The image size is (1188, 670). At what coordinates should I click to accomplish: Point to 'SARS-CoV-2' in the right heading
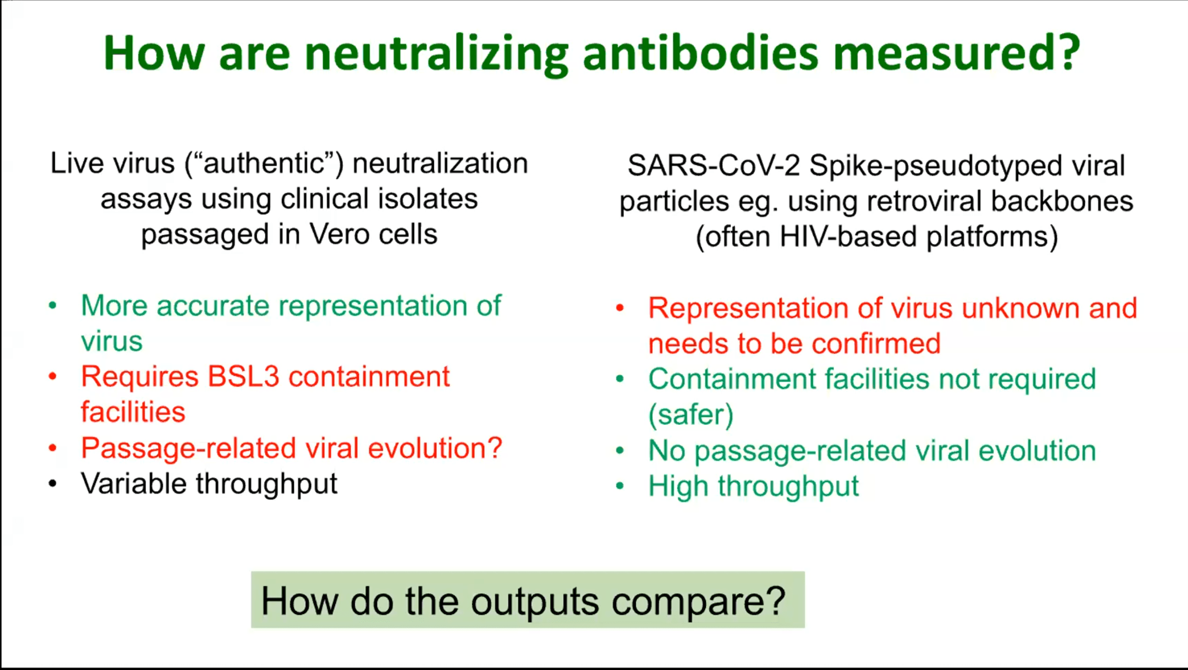(x=714, y=166)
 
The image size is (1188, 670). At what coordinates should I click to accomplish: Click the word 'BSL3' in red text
(x=243, y=376)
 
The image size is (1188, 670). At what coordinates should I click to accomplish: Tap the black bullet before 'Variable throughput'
(x=53, y=484)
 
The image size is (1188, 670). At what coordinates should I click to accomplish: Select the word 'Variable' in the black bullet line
(x=133, y=483)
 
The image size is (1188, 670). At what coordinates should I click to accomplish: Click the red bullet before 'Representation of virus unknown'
(x=620, y=308)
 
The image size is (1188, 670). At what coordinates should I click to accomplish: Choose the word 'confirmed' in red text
(x=876, y=343)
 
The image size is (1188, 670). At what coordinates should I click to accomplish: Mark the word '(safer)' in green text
(x=691, y=414)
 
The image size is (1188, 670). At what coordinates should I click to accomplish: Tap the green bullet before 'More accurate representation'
(x=53, y=306)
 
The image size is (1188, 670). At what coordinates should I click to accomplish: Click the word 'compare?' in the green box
(x=698, y=602)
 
